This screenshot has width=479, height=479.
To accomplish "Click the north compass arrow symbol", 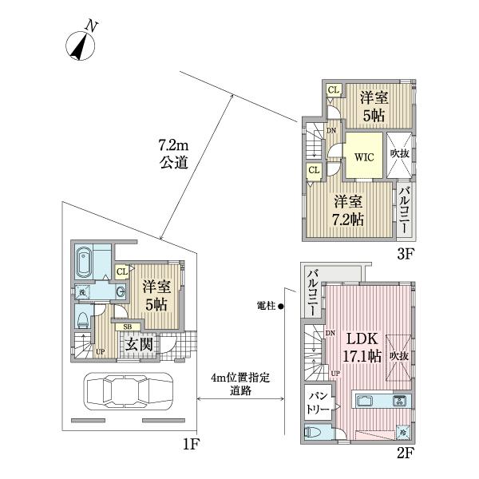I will [x=81, y=46].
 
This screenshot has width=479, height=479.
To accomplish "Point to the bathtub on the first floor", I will [x=86, y=260].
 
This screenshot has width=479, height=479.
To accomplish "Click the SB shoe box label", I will [x=127, y=326].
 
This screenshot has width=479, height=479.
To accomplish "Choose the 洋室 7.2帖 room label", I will [x=350, y=210].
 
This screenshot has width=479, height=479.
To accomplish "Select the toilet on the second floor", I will [x=313, y=433].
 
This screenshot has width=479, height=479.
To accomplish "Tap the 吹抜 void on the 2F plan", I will [x=399, y=354].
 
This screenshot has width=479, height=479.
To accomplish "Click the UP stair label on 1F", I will [x=100, y=350].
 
